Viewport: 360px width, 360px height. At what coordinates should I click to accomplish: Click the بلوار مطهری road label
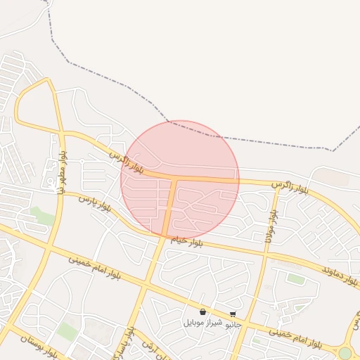coord(62,172)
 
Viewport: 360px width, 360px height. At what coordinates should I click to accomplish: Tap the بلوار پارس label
coord(95,204)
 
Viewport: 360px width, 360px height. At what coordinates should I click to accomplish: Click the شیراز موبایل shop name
coord(202,323)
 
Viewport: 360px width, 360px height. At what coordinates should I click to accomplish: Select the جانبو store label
coord(232,324)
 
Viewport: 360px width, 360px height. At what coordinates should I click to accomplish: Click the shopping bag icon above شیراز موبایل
coord(202,311)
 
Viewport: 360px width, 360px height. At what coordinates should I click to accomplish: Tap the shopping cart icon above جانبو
coord(233,314)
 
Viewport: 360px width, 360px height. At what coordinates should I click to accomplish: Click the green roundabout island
coord(345,353)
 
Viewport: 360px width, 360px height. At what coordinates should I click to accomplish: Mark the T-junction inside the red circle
coord(174,179)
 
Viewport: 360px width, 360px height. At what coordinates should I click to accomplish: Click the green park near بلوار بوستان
coord(67,330)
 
